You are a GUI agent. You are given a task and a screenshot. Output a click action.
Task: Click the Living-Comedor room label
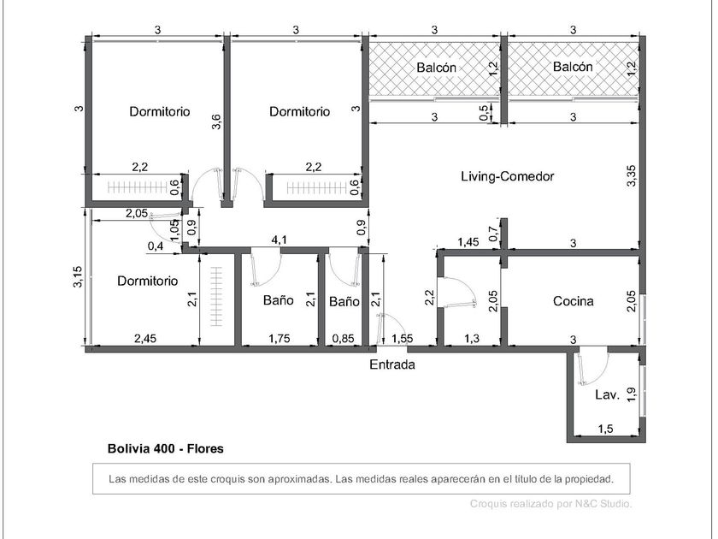[508, 176]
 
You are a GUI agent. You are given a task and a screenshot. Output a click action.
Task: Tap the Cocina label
[574, 301]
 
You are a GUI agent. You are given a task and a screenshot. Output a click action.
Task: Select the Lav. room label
[608, 394]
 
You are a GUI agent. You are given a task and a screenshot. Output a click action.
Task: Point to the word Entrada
[392, 364]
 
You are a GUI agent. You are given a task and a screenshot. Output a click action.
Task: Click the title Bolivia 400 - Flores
[166, 448]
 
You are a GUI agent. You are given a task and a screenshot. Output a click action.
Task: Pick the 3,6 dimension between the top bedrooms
[216, 121]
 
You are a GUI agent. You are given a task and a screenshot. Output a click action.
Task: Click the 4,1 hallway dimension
[280, 240]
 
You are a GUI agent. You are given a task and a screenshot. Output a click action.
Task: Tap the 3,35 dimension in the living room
[632, 175]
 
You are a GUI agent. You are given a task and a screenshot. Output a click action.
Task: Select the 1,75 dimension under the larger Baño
[280, 339]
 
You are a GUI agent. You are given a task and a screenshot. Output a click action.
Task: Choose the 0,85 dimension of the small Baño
[344, 339]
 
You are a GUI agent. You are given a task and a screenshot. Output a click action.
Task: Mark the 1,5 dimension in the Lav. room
[605, 429]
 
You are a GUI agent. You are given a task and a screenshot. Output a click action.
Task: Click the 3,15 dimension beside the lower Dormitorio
[79, 277]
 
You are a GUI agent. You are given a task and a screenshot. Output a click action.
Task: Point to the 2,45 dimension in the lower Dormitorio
[145, 339]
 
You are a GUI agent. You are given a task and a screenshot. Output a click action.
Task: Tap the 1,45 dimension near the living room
[468, 242]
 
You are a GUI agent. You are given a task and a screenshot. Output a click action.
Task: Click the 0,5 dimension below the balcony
[484, 113]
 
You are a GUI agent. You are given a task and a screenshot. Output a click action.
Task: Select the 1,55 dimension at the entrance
[403, 339]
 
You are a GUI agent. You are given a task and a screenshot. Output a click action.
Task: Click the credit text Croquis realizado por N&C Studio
[551, 504]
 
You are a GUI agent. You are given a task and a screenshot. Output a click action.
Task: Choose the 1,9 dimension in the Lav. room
[632, 394]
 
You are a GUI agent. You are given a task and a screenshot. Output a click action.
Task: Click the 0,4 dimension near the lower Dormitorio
[156, 246]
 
